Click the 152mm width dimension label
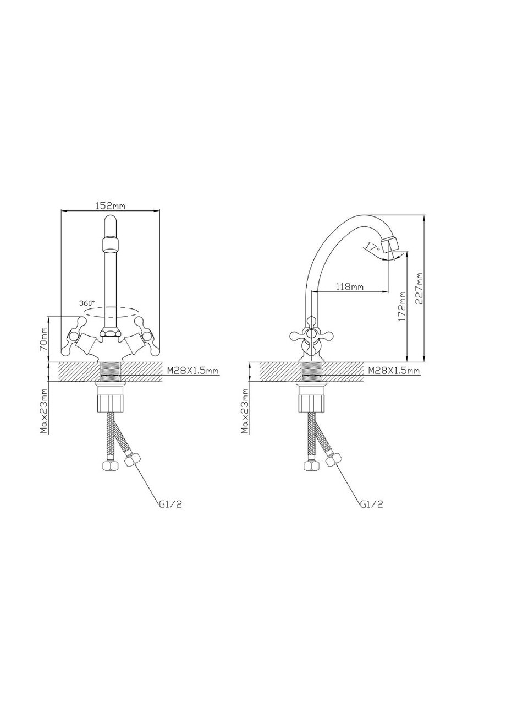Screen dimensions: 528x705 (x=111, y=205)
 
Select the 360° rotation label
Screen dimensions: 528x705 (x=87, y=302)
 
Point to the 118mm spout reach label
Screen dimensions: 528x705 (x=349, y=286)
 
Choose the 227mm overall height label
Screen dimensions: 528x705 (x=420, y=288)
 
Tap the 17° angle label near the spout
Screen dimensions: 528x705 (x=372, y=247)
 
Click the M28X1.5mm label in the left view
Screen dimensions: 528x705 (x=193, y=371)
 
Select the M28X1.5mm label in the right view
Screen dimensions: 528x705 (x=394, y=371)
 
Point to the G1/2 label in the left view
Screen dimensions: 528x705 (x=170, y=504)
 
